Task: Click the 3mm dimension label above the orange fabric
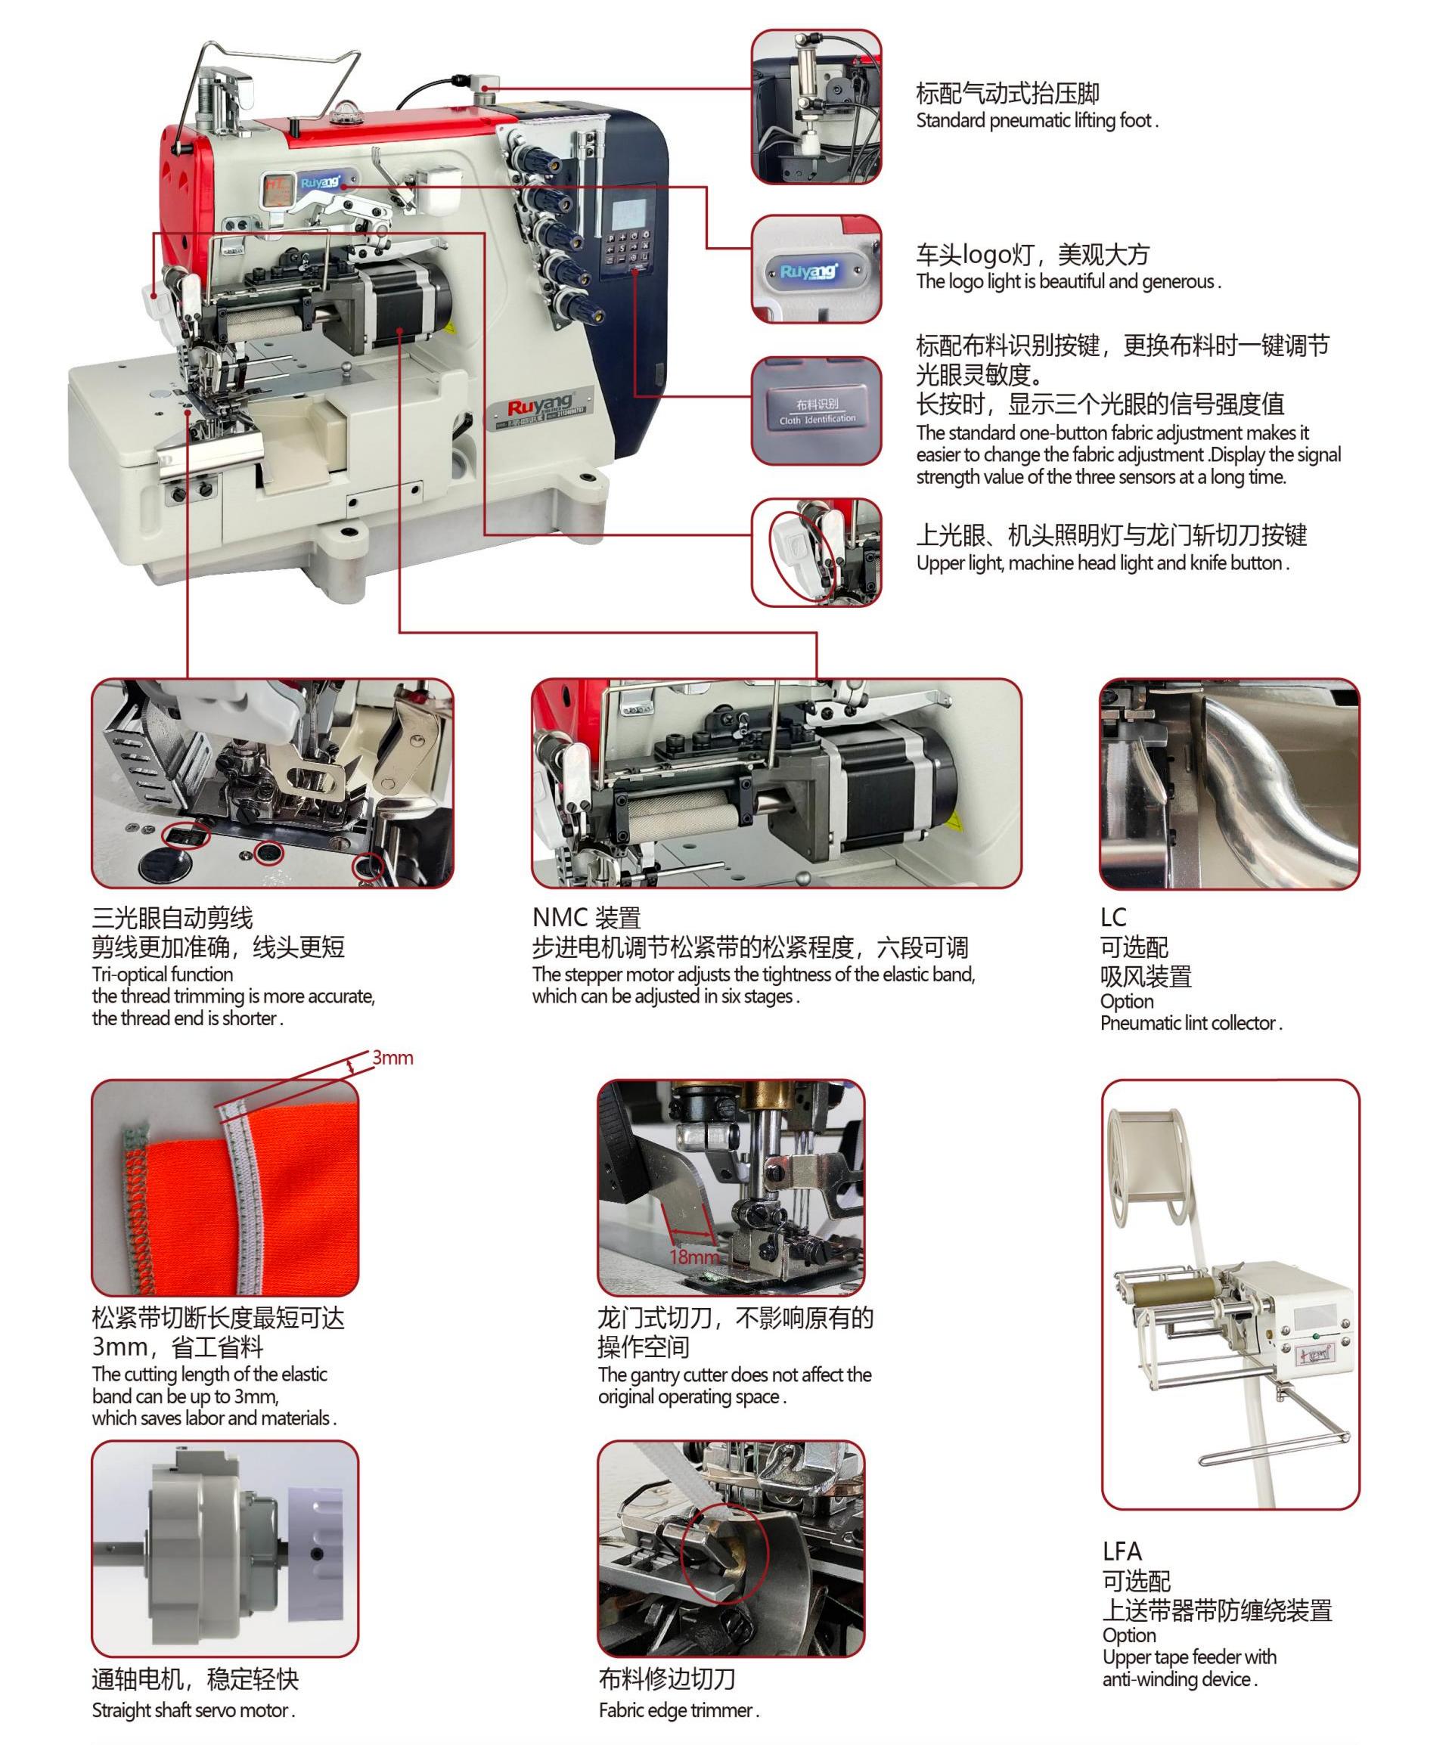[392, 1058]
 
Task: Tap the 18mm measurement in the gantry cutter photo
[693, 1256]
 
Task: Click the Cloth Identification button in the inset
[816, 411]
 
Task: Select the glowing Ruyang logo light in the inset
[811, 271]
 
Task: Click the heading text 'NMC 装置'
[586, 917]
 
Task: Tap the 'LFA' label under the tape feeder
[1122, 1551]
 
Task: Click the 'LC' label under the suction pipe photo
[1113, 916]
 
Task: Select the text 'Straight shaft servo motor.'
[193, 1710]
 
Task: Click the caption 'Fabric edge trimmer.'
[678, 1710]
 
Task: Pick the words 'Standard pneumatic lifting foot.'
[1036, 120]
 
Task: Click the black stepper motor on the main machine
[408, 295]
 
